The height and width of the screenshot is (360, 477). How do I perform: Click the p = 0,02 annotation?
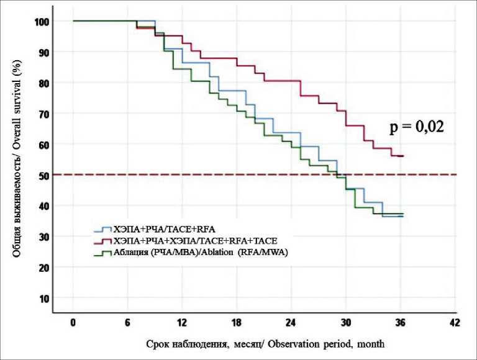coord(418,128)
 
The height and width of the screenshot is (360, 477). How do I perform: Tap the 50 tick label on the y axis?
coord(43,175)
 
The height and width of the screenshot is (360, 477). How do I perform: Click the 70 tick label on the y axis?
coord(43,114)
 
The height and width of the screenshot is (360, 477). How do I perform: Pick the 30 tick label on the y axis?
coord(43,236)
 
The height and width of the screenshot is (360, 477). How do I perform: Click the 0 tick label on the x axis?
coord(73,323)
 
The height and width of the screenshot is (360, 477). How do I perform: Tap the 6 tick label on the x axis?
coord(128,323)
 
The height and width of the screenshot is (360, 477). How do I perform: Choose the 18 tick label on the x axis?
coord(237,323)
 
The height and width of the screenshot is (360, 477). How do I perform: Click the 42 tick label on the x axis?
coord(455,323)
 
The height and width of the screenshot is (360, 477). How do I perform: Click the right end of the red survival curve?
coord(403,156)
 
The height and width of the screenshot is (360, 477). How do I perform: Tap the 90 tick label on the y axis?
coord(43,52)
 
